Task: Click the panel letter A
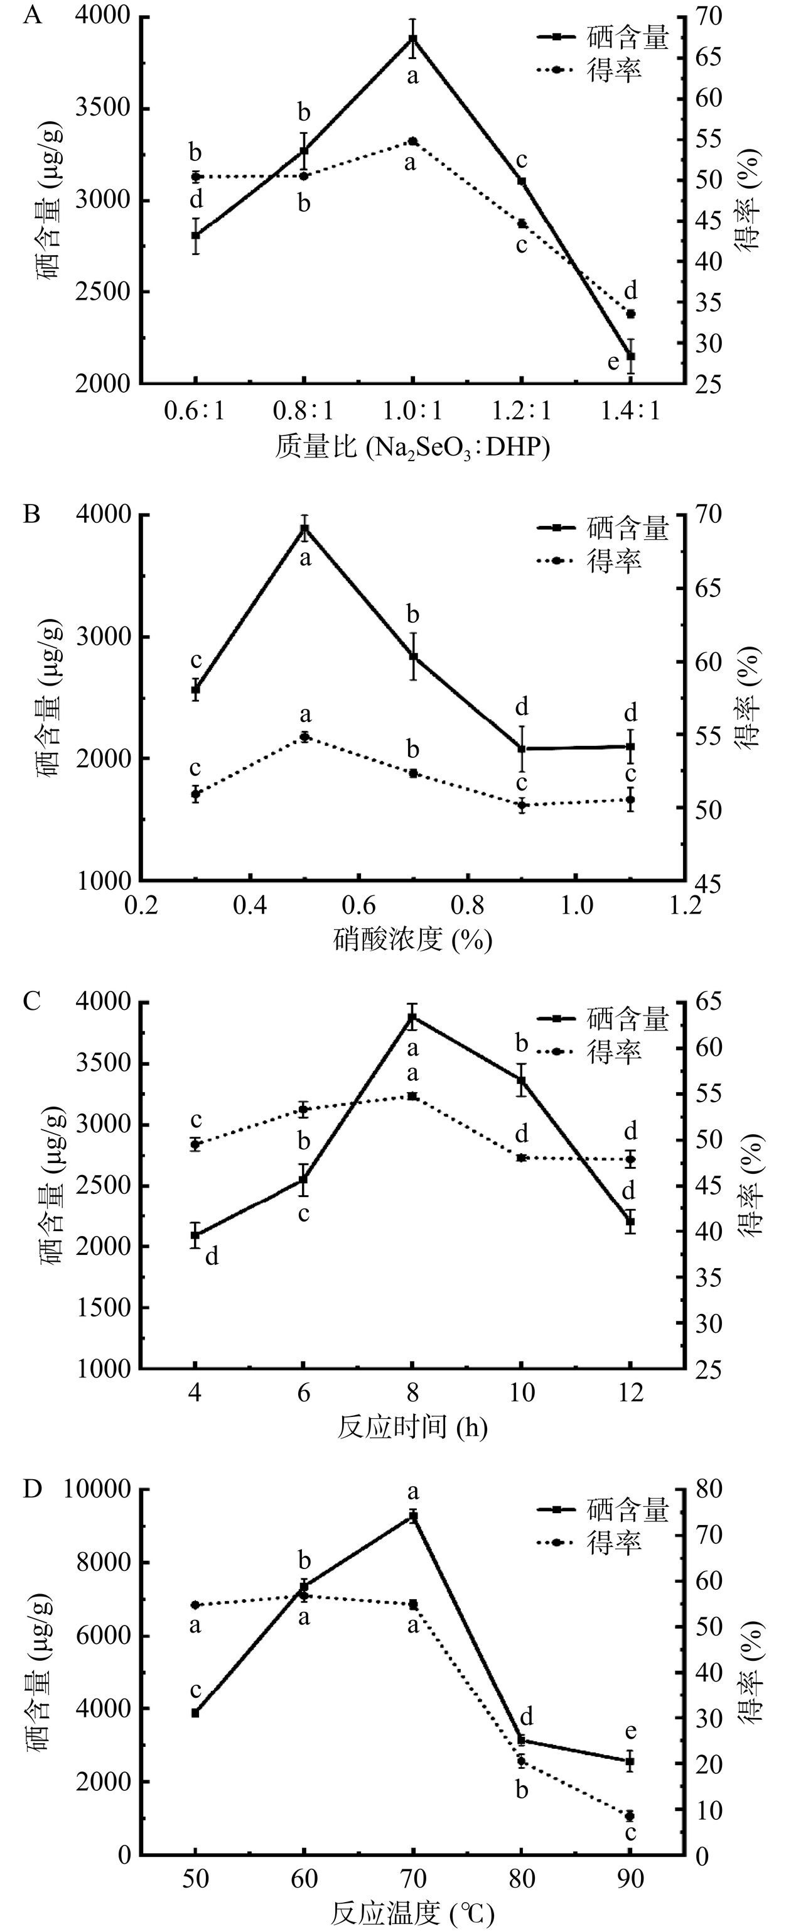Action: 31,16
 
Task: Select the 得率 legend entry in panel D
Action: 614,1541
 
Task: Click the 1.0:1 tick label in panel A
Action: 412,411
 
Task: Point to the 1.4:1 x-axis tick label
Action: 630,411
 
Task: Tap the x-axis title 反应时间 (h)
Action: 412,1426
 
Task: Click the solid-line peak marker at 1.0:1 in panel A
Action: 412,39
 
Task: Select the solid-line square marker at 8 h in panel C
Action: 412,1017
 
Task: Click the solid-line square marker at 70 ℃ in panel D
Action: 412,1516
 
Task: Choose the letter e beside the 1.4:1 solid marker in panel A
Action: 613,363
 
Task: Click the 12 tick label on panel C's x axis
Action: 630,1392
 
